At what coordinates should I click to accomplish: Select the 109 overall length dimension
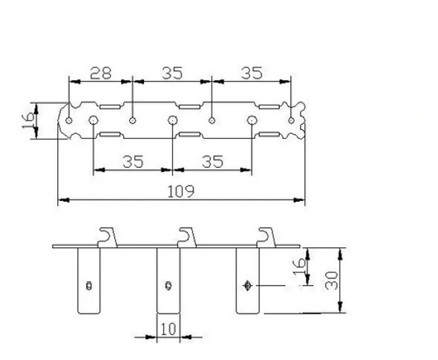pyautogui.click(x=181, y=192)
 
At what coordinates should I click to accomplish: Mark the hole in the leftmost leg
pyautogui.click(x=89, y=284)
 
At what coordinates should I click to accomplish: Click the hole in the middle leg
pyautogui.click(x=169, y=284)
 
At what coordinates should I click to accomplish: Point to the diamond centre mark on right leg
pyautogui.click(x=248, y=284)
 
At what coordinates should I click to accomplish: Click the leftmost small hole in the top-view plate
pyautogui.click(x=69, y=120)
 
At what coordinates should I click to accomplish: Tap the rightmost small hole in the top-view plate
pyautogui.click(x=292, y=120)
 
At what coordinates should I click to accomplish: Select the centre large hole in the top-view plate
pyautogui.click(x=172, y=120)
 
